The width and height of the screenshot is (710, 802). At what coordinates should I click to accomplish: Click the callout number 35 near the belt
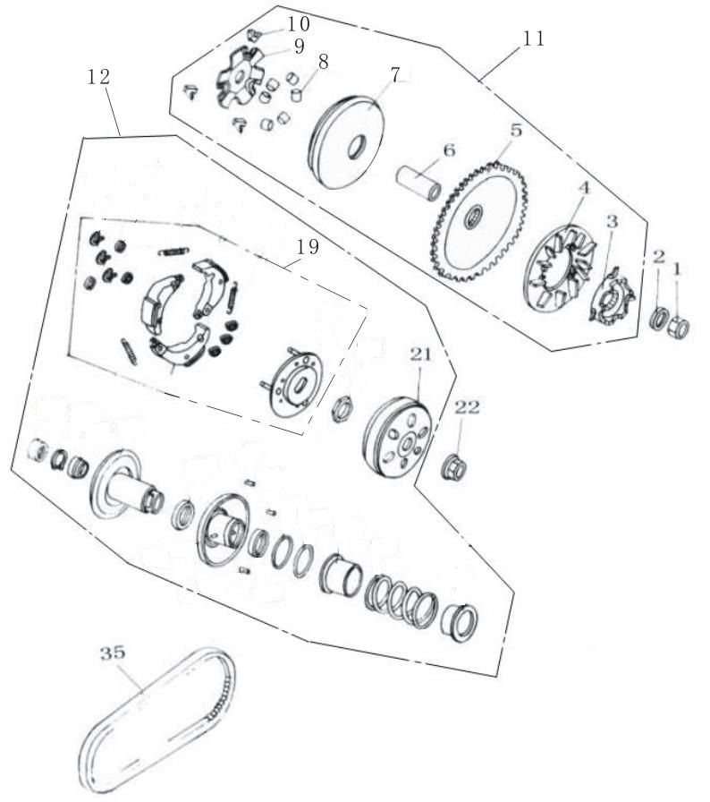click(x=113, y=653)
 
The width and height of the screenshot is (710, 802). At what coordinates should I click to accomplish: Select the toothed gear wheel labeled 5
click(x=479, y=221)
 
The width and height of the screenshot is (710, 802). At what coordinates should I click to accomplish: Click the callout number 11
click(x=533, y=38)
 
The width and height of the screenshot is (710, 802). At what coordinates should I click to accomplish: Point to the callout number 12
click(x=98, y=77)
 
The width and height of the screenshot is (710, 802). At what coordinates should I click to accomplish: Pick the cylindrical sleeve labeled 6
click(x=419, y=183)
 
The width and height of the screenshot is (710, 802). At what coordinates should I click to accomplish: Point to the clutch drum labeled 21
click(x=399, y=438)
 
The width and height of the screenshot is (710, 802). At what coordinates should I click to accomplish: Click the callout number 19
click(x=308, y=247)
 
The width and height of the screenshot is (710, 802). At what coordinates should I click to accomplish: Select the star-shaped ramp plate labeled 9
click(x=239, y=77)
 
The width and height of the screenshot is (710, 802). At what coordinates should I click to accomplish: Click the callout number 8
click(x=322, y=62)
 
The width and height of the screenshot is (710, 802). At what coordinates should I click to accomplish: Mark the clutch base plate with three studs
click(x=293, y=380)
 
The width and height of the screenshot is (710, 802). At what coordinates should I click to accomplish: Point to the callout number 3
click(x=612, y=222)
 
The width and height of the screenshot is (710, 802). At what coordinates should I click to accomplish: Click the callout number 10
click(x=298, y=23)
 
